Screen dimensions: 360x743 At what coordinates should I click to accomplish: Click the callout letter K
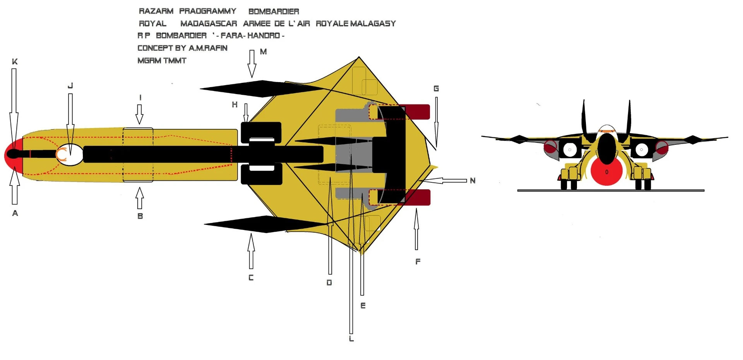15,62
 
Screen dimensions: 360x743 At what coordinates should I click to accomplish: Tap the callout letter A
15,213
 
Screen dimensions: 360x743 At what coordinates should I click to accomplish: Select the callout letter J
70,86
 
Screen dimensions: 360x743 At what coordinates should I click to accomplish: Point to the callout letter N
473,180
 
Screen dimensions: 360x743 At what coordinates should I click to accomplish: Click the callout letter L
351,339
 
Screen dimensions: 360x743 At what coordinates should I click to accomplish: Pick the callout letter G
436,89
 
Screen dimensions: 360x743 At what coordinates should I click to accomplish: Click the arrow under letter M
252,64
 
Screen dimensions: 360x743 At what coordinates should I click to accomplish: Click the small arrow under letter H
246,114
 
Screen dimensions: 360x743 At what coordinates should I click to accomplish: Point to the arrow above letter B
140,198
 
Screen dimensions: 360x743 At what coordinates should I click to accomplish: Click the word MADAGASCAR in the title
209,24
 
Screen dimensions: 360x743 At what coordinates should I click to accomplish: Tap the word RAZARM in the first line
156,11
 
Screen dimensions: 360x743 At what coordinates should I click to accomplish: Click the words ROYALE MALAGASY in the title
356,24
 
